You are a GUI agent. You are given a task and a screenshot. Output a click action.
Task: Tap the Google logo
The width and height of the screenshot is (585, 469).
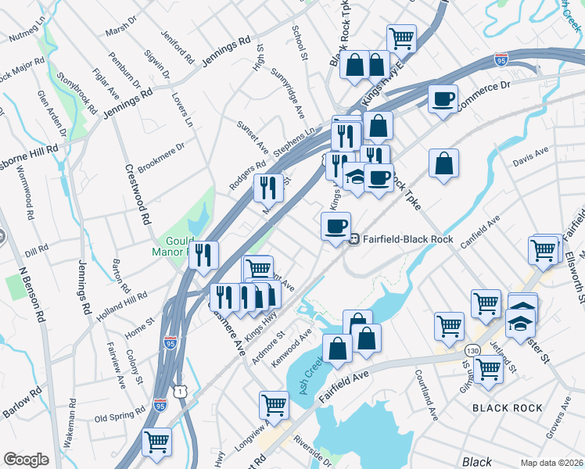click(26, 460)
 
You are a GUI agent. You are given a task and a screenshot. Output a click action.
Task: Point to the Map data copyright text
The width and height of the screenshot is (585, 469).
click(551, 462)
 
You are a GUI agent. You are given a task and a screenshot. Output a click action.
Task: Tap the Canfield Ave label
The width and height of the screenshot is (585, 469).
click(479, 233)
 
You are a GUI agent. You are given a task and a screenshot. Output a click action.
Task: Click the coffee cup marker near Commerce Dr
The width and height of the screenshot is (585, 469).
click(443, 99)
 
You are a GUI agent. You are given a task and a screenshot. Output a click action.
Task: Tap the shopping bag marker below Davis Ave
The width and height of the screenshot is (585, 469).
click(443, 163)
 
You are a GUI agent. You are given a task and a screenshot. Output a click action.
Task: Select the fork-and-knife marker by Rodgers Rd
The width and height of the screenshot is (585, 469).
click(268, 188)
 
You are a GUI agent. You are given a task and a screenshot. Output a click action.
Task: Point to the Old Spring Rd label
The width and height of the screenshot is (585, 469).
click(120, 413)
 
